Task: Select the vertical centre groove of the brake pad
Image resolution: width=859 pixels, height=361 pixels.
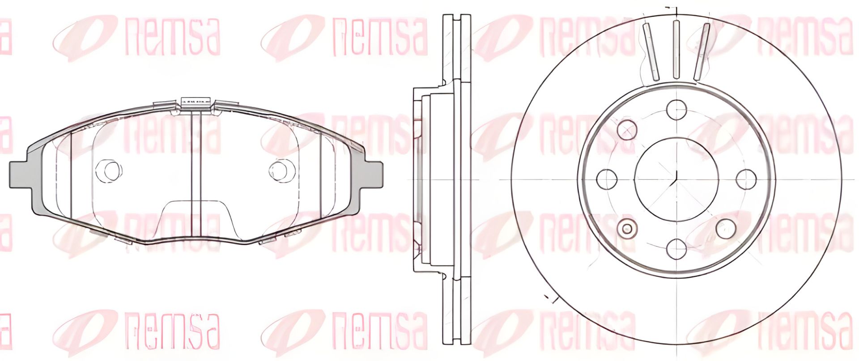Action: click(x=196, y=174)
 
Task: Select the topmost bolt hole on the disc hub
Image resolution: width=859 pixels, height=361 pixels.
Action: click(x=676, y=109)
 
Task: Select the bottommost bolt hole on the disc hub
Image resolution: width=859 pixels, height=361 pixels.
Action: click(x=676, y=248)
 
